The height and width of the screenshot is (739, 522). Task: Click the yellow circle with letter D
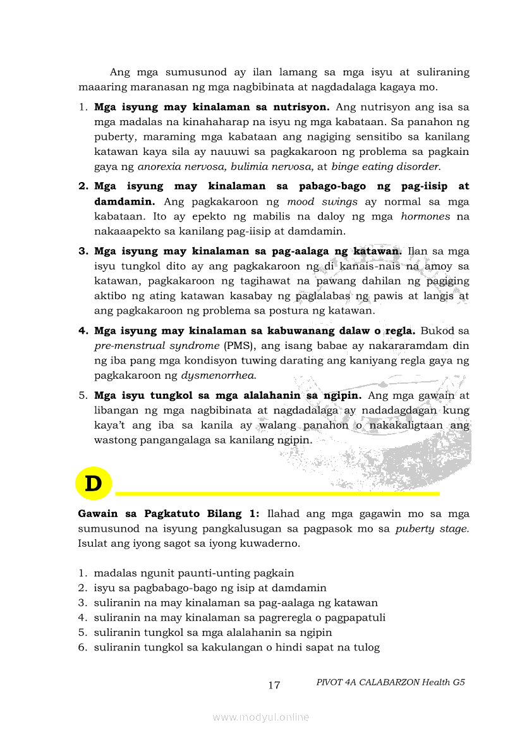[x=93, y=484]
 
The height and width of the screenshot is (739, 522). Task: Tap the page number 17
[x=274, y=685]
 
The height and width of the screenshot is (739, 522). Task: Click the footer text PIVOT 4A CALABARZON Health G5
[x=391, y=682]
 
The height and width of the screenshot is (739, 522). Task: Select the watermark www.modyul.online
[x=261, y=717]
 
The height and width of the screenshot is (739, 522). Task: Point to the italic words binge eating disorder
[x=385, y=167]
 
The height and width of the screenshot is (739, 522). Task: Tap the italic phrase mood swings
[x=322, y=202]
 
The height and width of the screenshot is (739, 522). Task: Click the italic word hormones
[x=425, y=216]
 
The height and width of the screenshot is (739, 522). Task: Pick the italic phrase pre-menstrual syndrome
[x=157, y=346]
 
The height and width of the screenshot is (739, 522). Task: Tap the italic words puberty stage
[x=432, y=528]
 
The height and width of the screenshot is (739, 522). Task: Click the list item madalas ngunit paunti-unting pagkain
[x=193, y=573]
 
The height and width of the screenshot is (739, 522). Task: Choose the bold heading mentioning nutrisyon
[x=212, y=107]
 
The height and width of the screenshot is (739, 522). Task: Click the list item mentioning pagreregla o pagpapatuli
[x=240, y=618]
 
